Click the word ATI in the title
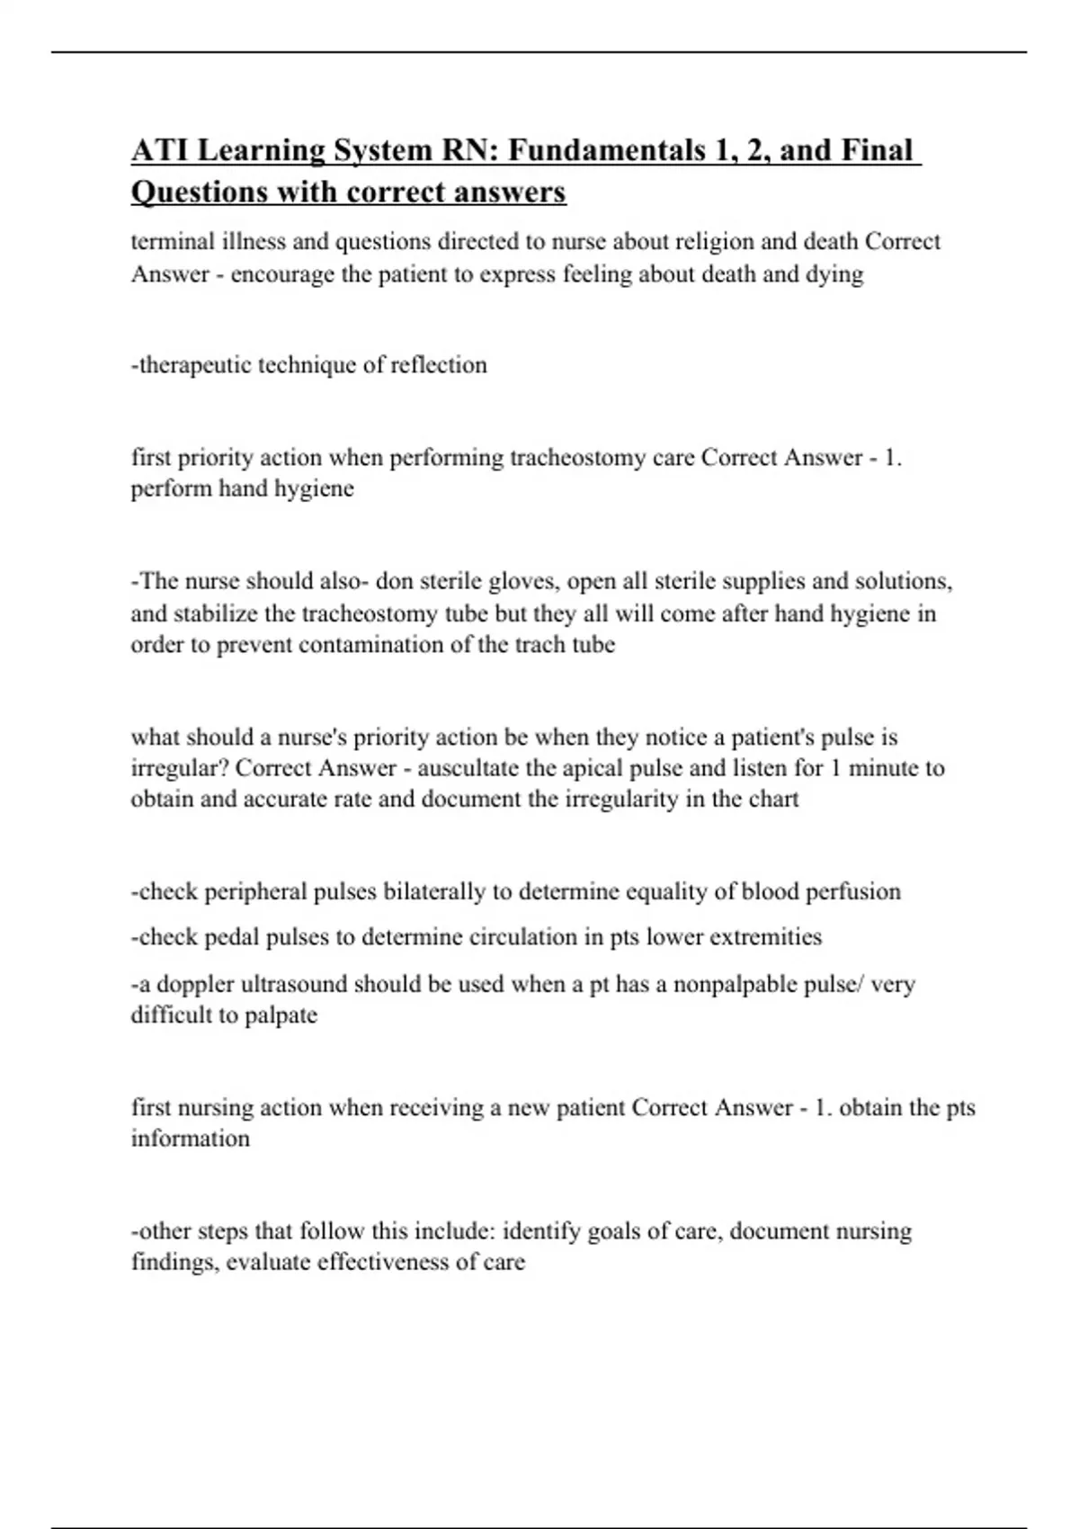pyautogui.click(x=159, y=150)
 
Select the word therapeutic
pyautogui.click(x=193, y=365)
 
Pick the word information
pyautogui.click(x=191, y=1139)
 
